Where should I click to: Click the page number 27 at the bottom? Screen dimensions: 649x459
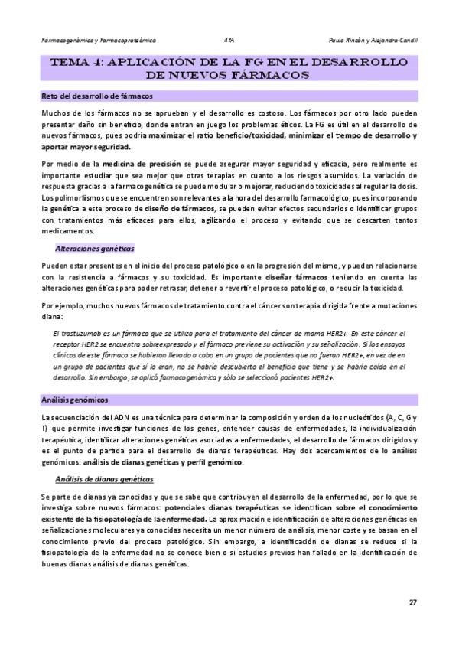[x=412, y=603]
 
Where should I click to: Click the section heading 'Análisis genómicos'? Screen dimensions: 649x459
[x=74, y=400]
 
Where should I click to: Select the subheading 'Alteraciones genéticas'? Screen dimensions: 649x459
[x=94, y=249]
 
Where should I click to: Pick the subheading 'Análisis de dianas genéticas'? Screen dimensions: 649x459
[x=105, y=479]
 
